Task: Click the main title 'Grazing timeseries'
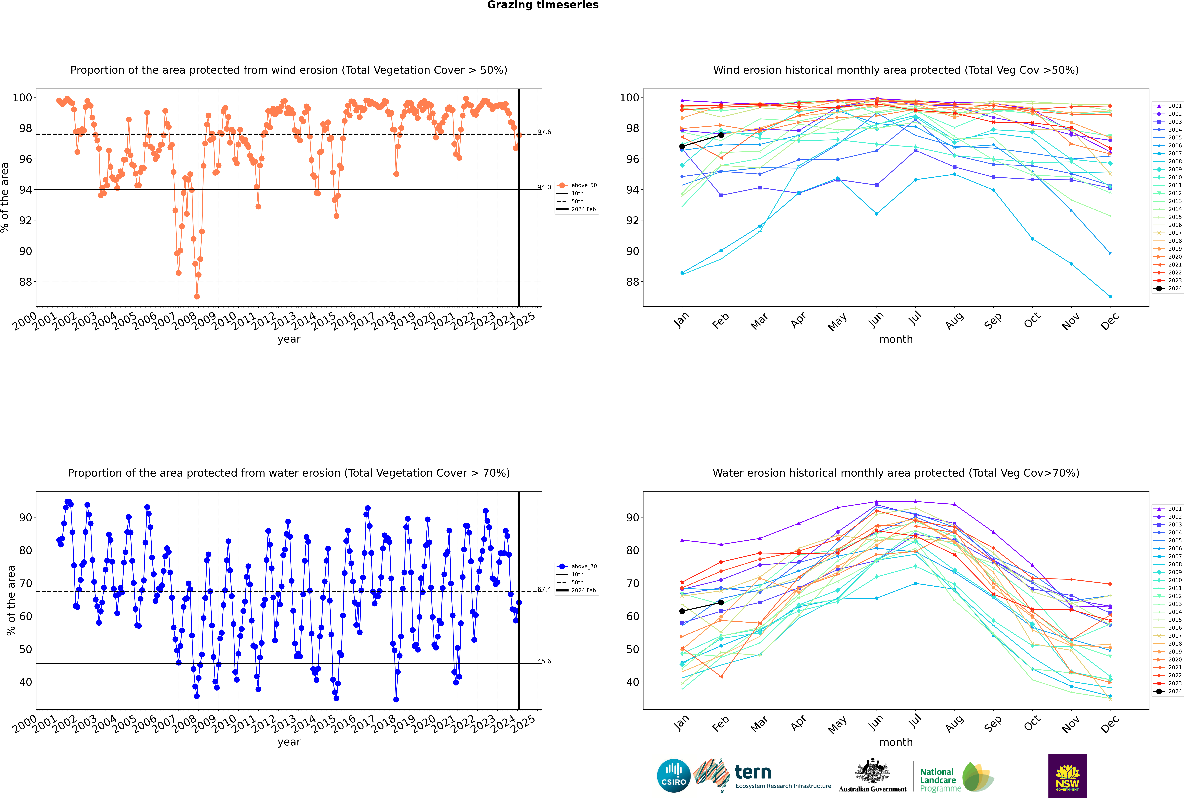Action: [x=543, y=5]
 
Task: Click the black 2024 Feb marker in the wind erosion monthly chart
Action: [x=721, y=135]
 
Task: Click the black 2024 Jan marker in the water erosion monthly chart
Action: [x=682, y=611]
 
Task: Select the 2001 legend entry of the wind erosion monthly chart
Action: [x=1170, y=106]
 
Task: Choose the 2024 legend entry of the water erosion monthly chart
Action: [x=1170, y=691]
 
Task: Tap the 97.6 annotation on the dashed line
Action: [x=544, y=132]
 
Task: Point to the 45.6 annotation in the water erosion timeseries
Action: [x=544, y=661]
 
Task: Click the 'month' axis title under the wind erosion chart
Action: [x=896, y=340]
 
